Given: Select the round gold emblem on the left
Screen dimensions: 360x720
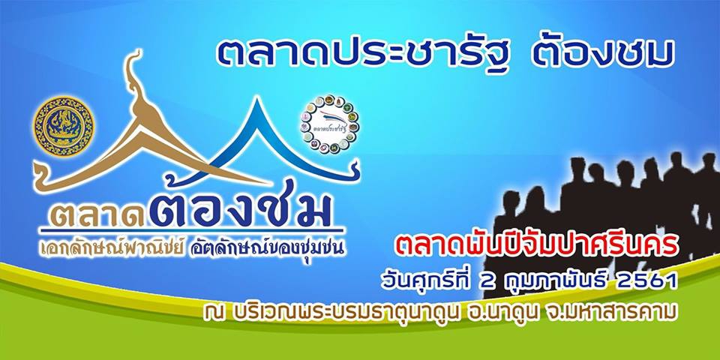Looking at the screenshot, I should (65, 124).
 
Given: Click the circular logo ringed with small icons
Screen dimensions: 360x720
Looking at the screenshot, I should (330, 121).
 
